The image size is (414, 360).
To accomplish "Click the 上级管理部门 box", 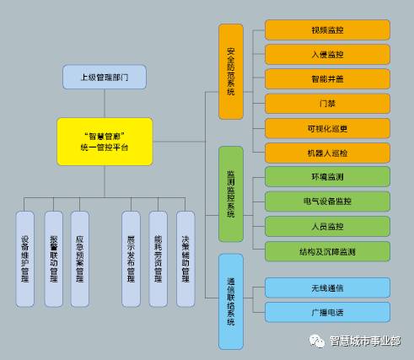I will tap(105, 77).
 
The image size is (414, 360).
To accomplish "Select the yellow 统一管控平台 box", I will tap(105, 141).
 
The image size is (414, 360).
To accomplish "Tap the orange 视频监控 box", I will tap(327, 30).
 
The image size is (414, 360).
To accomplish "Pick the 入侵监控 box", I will tap(327, 54).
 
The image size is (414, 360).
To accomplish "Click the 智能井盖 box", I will tap(327, 78).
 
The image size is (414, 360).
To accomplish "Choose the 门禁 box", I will tap(327, 104).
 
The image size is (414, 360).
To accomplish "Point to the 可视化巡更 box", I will tap(327, 128).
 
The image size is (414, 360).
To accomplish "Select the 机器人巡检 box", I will tap(327, 153).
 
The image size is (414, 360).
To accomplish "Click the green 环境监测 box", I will tap(327, 177).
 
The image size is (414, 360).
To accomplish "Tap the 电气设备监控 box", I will tap(327, 201).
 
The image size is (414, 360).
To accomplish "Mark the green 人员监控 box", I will tap(327, 226).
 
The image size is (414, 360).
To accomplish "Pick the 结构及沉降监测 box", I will tap(327, 250).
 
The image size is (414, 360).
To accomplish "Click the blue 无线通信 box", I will tap(327, 287).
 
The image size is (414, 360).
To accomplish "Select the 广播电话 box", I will tap(327, 312).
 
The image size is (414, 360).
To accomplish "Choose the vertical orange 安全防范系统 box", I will tap(231, 73).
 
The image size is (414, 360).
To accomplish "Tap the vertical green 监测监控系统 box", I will tap(231, 195).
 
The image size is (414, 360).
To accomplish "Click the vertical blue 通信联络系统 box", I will tap(231, 301).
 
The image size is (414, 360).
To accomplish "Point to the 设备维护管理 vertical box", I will tap(25, 258).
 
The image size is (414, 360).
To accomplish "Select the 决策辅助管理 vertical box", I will tap(185, 258).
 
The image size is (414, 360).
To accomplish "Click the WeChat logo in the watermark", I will tap(315, 341).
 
